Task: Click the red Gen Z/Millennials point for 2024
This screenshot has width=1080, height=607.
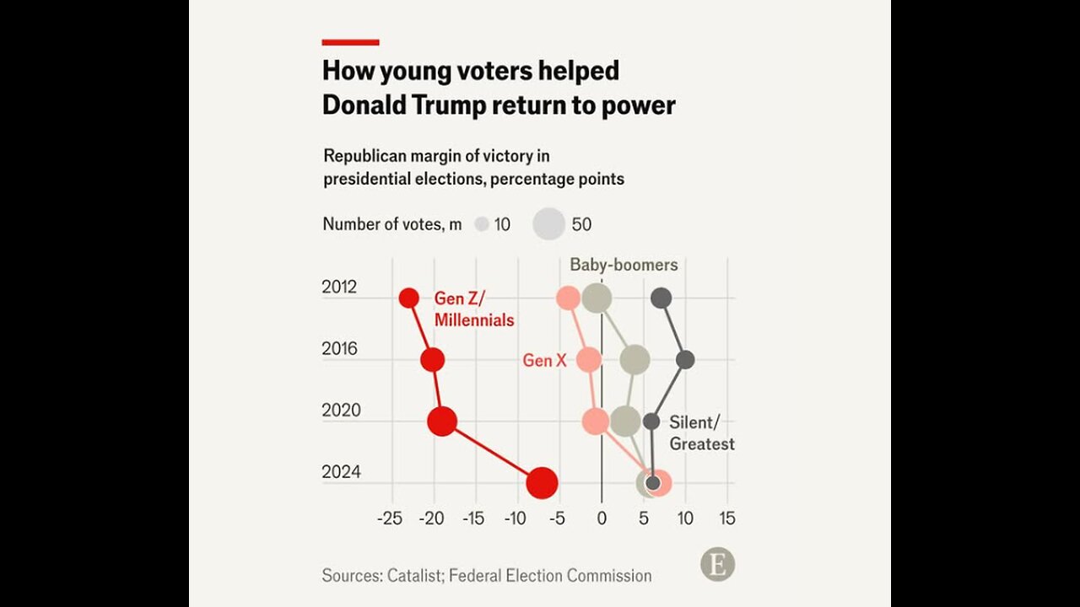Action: click(x=542, y=483)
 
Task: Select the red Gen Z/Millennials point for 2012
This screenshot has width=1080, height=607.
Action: click(x=409, y=298)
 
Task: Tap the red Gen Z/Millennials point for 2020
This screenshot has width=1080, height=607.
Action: click(x=442, y=421)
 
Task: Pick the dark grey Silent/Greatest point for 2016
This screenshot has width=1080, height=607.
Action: click(x=685, y=360)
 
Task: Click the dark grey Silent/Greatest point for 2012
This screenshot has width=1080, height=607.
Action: click(x=661, y=298)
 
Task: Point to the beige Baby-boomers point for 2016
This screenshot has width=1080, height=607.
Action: click(x=634, y=360)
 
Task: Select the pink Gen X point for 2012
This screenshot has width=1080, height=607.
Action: click(x=569, y=298)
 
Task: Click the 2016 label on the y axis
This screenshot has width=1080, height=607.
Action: click(x=340, y=349)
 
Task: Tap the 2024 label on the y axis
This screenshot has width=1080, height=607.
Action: click(x=341, y=472)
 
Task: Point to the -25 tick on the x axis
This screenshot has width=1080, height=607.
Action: click(x=390, y=518)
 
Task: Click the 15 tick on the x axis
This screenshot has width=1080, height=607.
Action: click(x=726, y=518)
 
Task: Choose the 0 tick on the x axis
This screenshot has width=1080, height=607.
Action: click(x=602, y=518)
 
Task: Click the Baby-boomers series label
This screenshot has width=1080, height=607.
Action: click(x=624, y=265)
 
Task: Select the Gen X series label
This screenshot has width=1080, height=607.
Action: click(x=544, y=361)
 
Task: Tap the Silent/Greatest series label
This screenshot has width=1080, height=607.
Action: click(x=701, y=433)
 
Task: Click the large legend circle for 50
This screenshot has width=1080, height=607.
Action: click(x=549, y=224)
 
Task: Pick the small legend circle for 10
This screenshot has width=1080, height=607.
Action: click(x=482, y=225)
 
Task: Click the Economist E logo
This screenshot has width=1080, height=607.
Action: click(x=717, y=565)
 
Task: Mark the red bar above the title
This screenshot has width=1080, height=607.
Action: click(x=350, y=41)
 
